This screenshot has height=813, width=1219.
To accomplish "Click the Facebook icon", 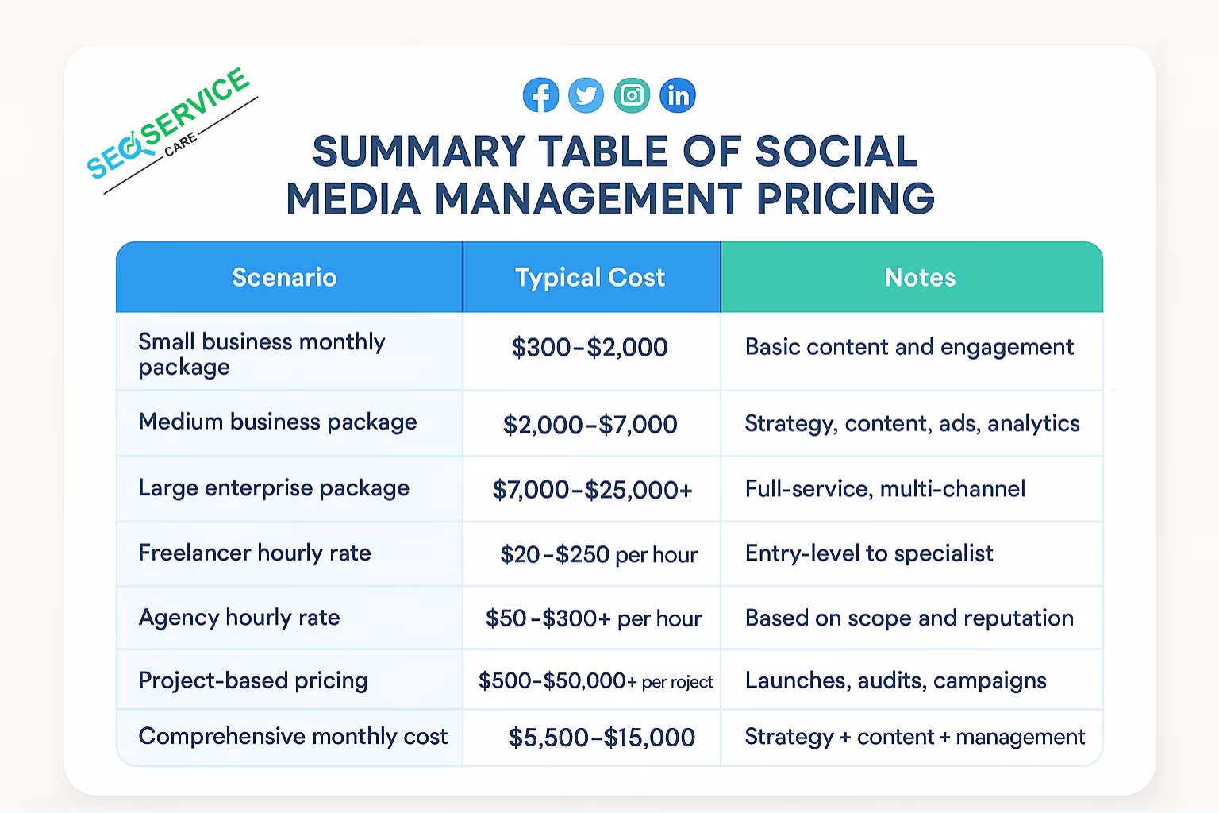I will click(540, 95).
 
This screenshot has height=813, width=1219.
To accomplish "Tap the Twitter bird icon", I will click(586, 95).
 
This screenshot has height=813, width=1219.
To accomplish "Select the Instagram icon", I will click(632, 95).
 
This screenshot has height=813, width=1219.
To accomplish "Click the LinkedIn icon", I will click(678, 95).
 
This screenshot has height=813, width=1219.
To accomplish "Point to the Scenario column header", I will click(284, 277).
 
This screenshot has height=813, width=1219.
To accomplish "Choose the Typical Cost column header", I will click(590, 277).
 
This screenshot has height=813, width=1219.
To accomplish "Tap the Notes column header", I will click(920, 277).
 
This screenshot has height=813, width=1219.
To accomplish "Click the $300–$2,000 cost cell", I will click(590, 348).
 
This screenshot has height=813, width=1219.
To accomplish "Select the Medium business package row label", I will click(277, 422).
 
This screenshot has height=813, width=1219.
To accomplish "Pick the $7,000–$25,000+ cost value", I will click(592, 489).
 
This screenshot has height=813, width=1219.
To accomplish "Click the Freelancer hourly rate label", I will click(255, 553).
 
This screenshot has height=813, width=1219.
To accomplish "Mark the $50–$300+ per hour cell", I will click(593, 618).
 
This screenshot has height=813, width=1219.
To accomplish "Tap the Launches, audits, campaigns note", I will click(895, 680).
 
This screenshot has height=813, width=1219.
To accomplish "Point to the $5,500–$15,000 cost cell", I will click(601, 738).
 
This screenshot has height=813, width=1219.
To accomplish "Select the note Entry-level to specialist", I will click(869, 553).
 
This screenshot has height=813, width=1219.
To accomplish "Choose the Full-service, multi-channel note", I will click(885, 488).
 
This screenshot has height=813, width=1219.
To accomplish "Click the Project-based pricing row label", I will click(252, 680).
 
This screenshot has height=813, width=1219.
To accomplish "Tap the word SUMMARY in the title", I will click(419, 152).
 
